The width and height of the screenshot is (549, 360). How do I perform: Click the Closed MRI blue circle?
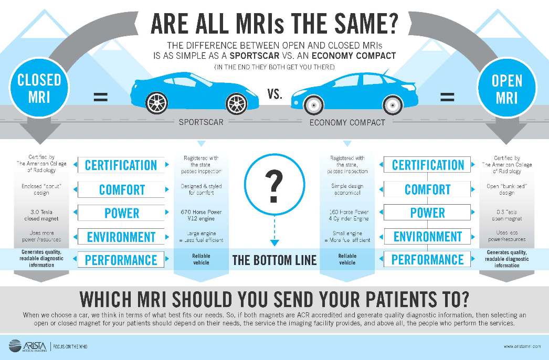click(40, 88)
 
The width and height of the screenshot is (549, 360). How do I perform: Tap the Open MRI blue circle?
click(507, 89)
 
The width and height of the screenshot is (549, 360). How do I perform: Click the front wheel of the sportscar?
click(155, 103)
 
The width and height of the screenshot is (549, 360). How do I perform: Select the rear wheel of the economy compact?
click(393, 104)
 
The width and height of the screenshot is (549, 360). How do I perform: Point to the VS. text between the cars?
click(274, 94)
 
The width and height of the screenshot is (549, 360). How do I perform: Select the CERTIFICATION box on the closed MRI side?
click(121, 165)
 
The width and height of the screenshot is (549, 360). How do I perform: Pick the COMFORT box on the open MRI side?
click(428, 189)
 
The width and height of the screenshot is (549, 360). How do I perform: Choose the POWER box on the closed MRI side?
click(121, 213)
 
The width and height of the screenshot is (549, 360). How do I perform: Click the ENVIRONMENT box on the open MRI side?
click(428, 237)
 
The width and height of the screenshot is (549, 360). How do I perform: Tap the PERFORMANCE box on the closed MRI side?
click(121, 260)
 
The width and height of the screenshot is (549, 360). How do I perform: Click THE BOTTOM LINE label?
click(274, 260)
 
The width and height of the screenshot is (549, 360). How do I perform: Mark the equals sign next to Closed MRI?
click(101, 97)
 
